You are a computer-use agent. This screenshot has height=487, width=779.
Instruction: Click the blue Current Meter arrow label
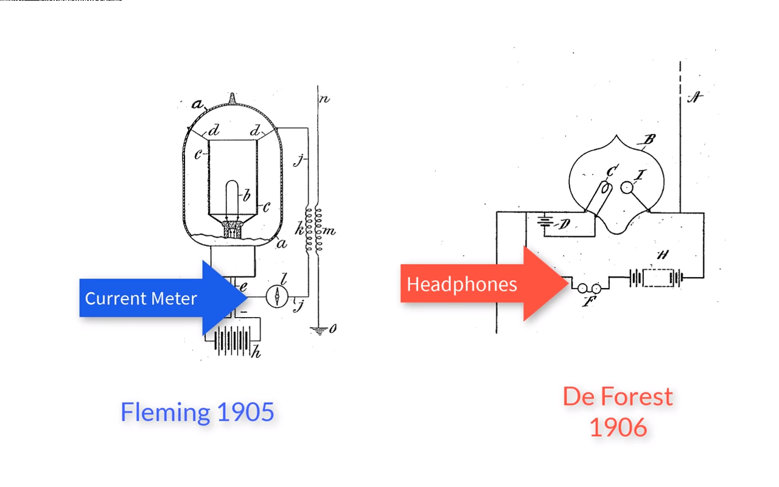pyautogui.click(x=141, y=298)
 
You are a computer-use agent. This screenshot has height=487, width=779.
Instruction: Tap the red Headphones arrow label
pyautogui.click(x=462, y=284)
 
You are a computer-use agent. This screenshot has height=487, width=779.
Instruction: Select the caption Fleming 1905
pyautogui.click(x=197, y=412)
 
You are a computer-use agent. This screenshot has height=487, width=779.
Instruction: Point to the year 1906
pyautogui.click(x=618, y=427)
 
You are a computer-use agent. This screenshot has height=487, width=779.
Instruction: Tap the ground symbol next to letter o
pyautogui.click(x=318, y=331)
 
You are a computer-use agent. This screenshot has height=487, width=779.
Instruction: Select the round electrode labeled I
pyautogui.click(x=627, y=188)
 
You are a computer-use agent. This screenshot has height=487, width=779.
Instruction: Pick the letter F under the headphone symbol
pyautogui.click(x=587, y=301)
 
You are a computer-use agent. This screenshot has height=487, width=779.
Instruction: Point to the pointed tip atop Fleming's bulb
pyautogui.click(x=232, y=97)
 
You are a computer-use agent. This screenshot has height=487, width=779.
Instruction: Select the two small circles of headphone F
pyautogui.click(x=589, y=288)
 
